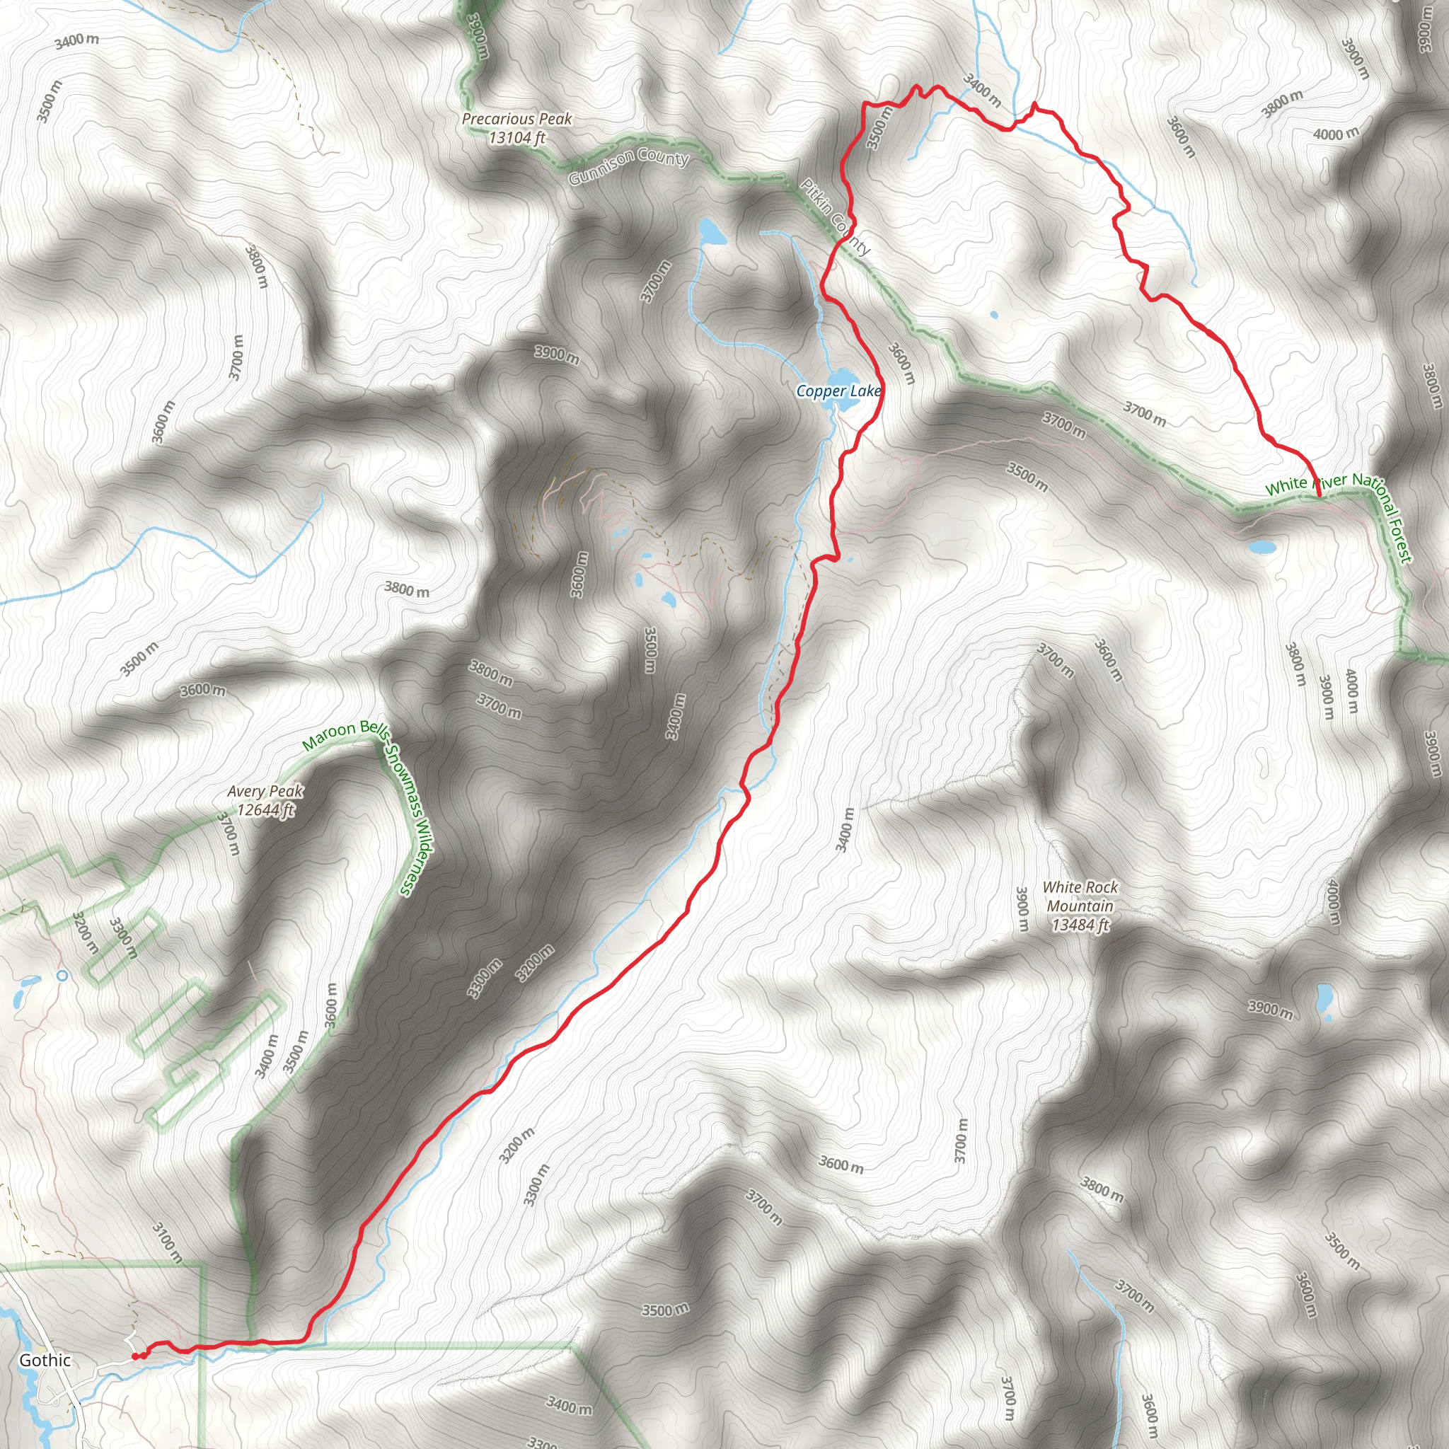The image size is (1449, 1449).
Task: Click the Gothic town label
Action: (45, 1360)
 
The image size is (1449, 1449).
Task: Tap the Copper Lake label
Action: (838, 391)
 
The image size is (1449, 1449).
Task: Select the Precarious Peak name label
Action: (516, 118)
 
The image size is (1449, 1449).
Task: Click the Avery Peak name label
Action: (265, 791)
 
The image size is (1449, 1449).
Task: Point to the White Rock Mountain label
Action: (1080, 896)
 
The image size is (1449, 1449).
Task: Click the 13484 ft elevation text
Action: (1080, 925)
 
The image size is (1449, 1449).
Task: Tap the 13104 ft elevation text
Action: (516, 137)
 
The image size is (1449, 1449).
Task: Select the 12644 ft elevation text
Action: (265, 810)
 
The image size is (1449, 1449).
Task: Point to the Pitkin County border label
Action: (835, 217)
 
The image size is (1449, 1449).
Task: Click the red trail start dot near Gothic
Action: (136, 1356)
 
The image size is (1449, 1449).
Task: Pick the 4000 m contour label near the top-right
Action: (1336, 134)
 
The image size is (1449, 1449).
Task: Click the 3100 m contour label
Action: (166, 1242)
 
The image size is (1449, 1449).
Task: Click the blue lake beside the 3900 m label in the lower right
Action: (1324, 1001)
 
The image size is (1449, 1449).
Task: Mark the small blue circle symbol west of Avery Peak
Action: (62, 976)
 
